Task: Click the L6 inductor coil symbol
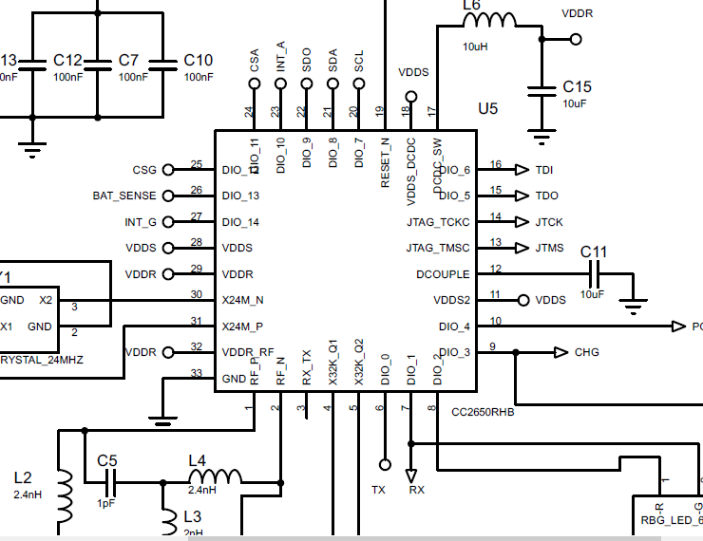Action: click(x=489, y=22)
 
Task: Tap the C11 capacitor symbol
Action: click(x=594, y=273)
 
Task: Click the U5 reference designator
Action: click(x=487, y=108)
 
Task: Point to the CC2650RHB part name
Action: click(x=483, y=413)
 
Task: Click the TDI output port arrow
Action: click(x=521, y=170)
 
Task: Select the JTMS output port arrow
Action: click(x=521, y=248)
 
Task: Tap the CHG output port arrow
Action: click(x=560, y=352)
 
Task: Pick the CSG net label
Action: click(x=144, y=170)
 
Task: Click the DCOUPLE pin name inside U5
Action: click(x=443, y=273)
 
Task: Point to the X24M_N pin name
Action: click(x=242, y=300)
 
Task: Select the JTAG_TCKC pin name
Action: click(x=437, y=222)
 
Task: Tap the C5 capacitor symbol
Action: click(x=107, y=483)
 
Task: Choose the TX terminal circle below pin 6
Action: click(x=384, y=465)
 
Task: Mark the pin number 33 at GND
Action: click(x=197, y=373)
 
